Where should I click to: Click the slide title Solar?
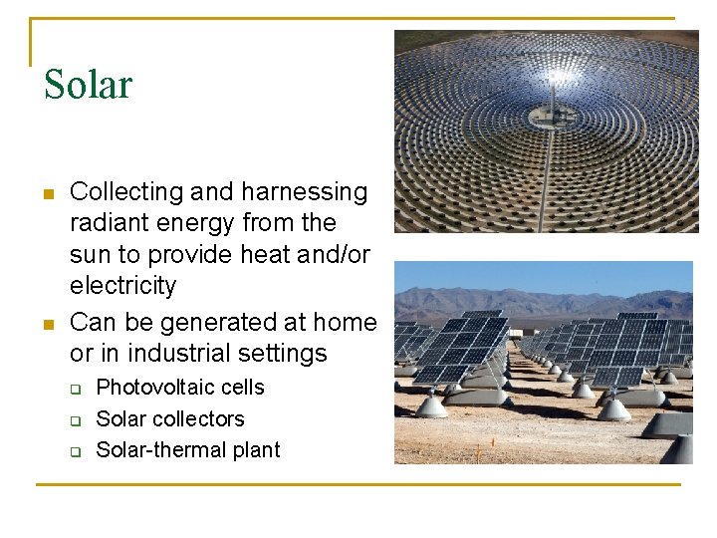click(x=88, y=85)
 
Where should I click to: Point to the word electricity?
click(x=122, y=286)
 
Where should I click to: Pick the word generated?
click(x=213, y=323)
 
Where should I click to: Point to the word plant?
click(x=256, y=450)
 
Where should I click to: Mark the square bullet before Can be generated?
click(x=48, y=324)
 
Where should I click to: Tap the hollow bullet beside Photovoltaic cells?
click(x=75, y=389)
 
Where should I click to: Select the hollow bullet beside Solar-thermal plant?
click(x=75, y=451)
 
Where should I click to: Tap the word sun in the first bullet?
click(x=91, y=255)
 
